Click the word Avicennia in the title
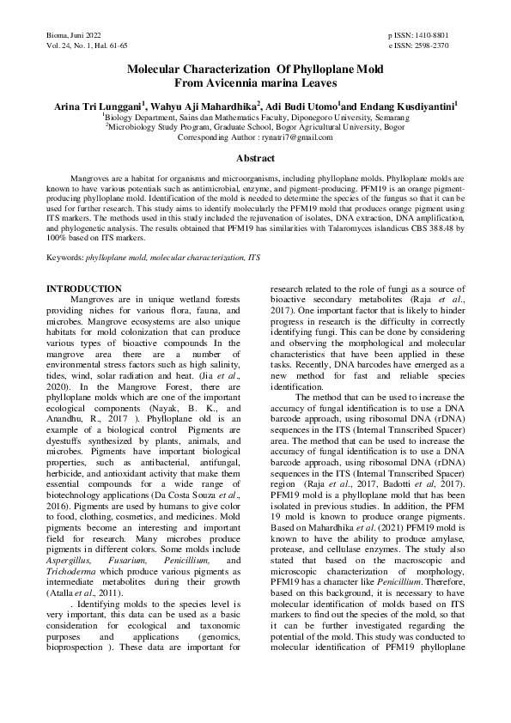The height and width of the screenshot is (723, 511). click(222, 82)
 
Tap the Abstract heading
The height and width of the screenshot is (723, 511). click(255, 158)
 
